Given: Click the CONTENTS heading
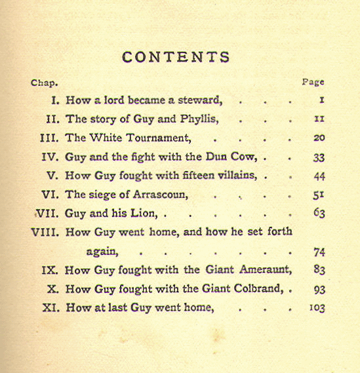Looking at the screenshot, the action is pyautogui.click(x=176, y=57).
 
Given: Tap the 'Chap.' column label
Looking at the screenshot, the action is pyautogui.click(x=45, y=83).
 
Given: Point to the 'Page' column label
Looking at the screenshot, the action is pyautogui.click(x=313, y=83).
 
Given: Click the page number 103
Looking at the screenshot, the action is pyautogui.click(x=317, y=308).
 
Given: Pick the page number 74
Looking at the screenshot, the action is pyautogui.click(x=319, y=252).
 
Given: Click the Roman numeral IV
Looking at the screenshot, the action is pyautogui.click(x=51, y=157).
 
